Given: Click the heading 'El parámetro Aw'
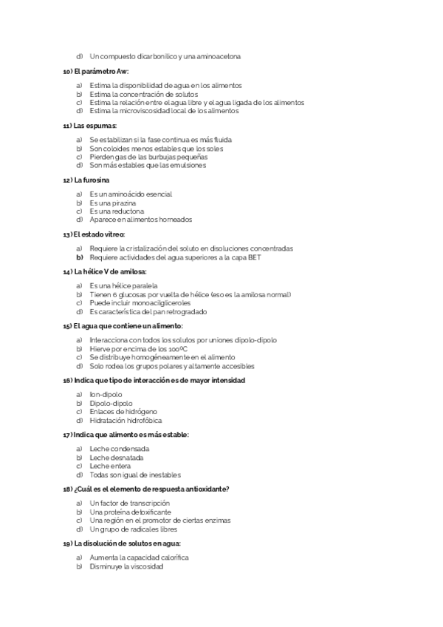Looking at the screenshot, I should point(96,72).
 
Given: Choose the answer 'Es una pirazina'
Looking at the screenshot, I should point(114,203).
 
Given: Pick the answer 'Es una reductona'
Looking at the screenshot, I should point(117,211).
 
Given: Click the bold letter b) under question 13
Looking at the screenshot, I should point(78,257).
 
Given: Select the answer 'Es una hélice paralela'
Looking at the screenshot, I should point(123,286).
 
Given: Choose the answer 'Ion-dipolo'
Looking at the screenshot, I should point(106,395).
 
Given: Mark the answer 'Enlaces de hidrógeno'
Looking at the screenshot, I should point(123,411).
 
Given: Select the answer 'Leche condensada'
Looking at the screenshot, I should point(119,449).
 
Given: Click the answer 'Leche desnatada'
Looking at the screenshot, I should point(117,457).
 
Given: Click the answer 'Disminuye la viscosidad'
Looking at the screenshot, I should point(126,566).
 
